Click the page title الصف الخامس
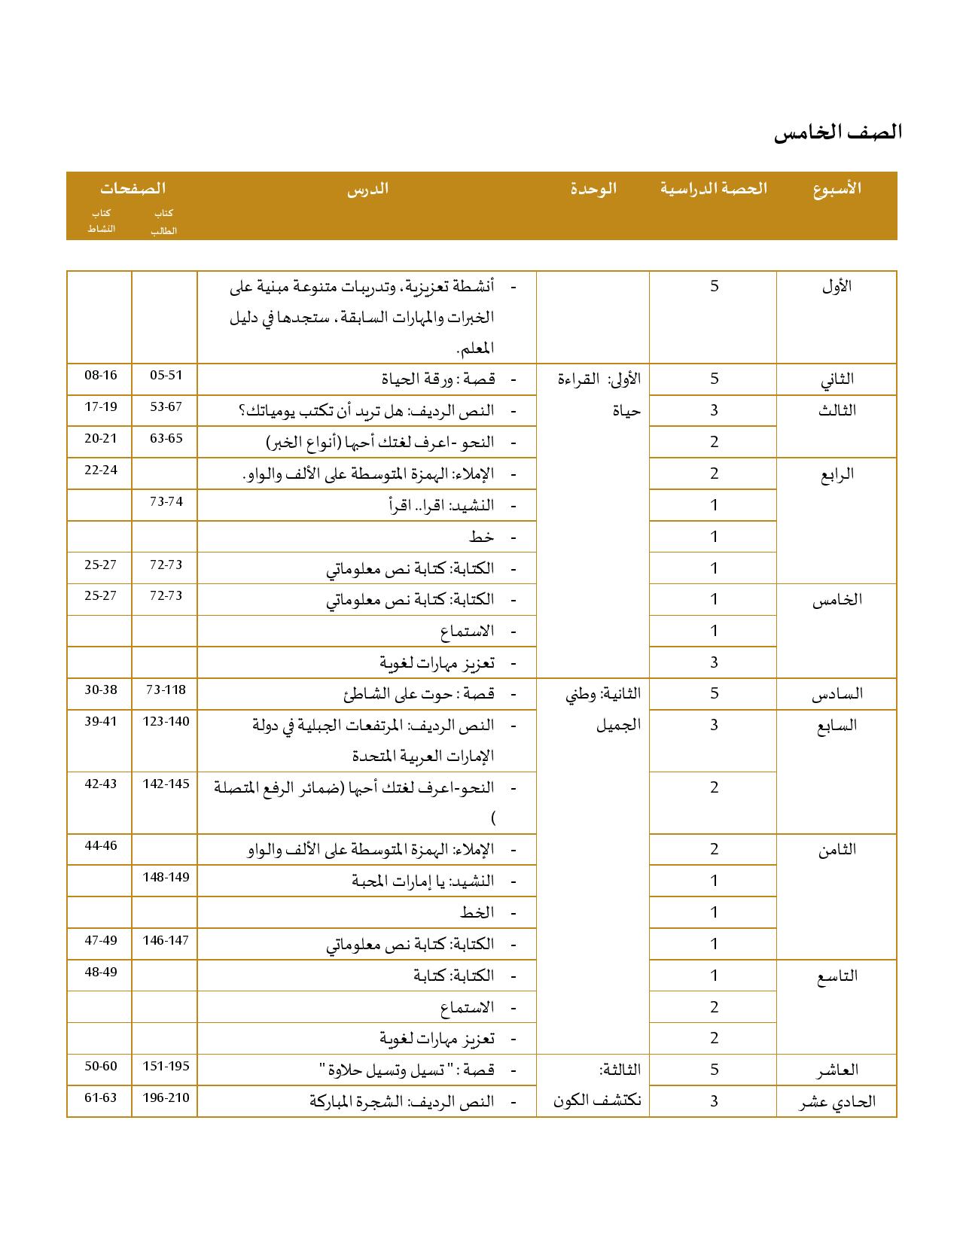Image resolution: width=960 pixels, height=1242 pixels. coord(837,132)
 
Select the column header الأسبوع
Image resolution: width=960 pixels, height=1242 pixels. coord(837,188)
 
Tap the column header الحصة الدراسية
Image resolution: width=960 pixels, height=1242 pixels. coord(713,188)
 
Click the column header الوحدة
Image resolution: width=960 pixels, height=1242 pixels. coord(593,188)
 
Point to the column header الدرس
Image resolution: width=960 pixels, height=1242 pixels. coord(367,188)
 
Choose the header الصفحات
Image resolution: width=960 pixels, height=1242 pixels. coord(133,188)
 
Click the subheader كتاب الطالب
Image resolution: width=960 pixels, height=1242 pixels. coord(163,222)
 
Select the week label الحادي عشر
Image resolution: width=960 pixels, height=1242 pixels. coord(836,1101)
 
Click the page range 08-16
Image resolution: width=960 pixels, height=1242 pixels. coord(101,375)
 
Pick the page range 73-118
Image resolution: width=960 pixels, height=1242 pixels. coord(166,689)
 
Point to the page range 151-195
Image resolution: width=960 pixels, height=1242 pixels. coord(166,1066)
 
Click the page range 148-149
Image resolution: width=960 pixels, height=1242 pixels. coord(166,877)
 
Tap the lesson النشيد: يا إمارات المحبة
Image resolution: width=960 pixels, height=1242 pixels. coord(422,881)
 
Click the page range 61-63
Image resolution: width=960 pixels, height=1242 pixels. coord(101,1097)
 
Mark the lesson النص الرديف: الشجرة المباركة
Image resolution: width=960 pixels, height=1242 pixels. coord(401,1101)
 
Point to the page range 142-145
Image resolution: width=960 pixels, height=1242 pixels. coord(166,784)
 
